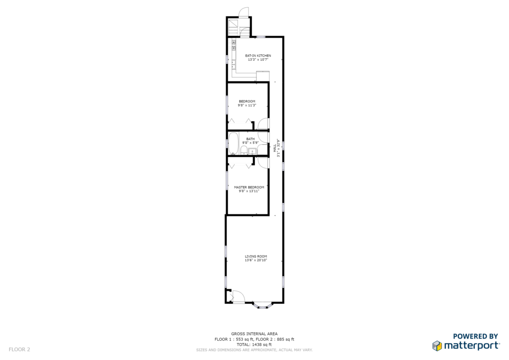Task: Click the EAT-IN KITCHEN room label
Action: pos(258,56)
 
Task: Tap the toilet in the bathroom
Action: pos(244,150)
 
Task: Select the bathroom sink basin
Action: pos(252,151)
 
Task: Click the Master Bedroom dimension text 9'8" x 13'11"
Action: pos(249,191)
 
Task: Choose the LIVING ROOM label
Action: pos(256,256)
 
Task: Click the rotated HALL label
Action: pos(274,148)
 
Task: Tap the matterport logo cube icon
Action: pos(437,346)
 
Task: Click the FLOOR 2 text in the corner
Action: pos(19,349)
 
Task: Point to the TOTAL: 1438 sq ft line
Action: pos(254,345)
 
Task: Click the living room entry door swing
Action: pos(239,296)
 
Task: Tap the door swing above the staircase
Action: pos(244,12)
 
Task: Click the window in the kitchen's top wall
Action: pos(261,37)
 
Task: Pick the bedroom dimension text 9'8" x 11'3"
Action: pos(247,105)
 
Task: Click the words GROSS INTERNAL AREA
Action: pos(254,333)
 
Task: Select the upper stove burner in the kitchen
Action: pos(234,42)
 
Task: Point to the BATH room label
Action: pos(251,139)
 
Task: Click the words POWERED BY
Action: pos(476,336)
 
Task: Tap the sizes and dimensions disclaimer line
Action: pos(254,350)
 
